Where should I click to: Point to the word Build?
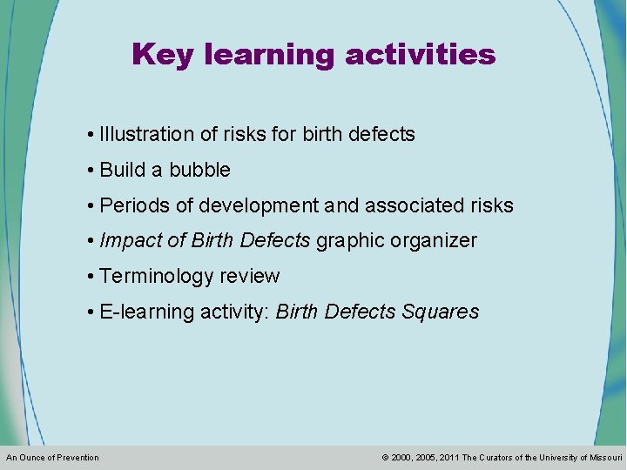pyautogui.click(x=123, y=171)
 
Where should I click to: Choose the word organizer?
pyautogui.click(x=433, y=241)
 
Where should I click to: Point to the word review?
pyautogui.click(x=249, y=277)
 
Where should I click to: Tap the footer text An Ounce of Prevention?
pyautogui.click(x=52, y=458)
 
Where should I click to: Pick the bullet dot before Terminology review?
pyautogui.click(x=91, y=277)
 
